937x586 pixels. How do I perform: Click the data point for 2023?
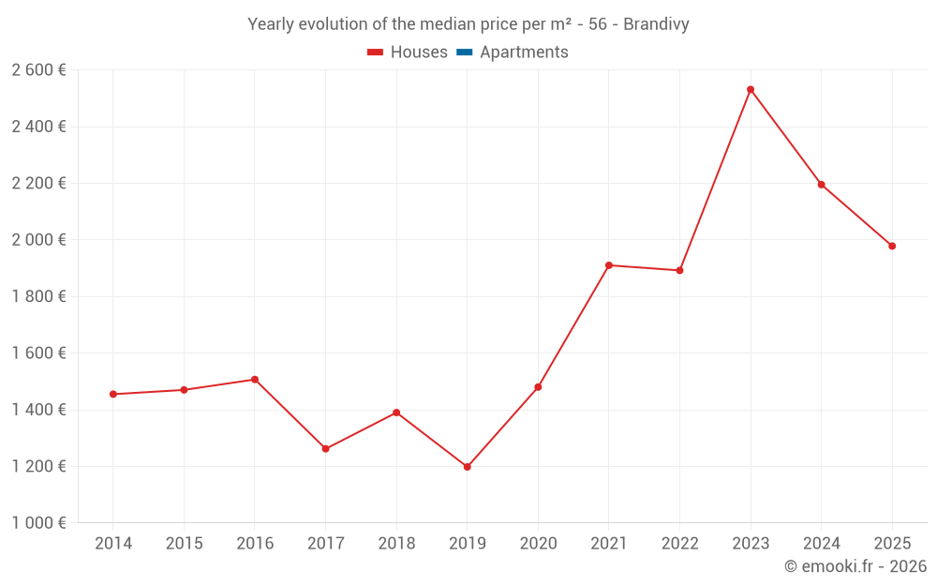[x=751, y=90]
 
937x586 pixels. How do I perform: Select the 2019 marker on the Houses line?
[x=468, y=467]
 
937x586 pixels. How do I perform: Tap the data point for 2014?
[x=113, y=394]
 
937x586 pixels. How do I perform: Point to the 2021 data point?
[x=609, y=265]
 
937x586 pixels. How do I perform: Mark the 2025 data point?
[x=892, y=246]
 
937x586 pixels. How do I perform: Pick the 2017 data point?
[x=326, y=448]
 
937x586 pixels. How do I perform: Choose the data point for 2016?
[x=255, y=379]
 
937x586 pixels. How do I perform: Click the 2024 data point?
[x=821, y=185]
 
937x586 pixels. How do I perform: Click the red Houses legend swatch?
[x=376, y=53]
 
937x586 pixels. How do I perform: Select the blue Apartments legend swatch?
[x=465, y=53]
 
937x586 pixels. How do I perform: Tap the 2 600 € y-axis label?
[x=38, y=70]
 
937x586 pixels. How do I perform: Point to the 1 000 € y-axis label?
[x=38, y=522]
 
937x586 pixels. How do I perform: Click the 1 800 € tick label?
[x=38, y=296]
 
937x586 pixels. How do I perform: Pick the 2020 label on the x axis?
[x=539, y=543]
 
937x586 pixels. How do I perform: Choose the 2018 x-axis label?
[x=396, y=543]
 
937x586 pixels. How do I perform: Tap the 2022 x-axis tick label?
[x=680, y=543]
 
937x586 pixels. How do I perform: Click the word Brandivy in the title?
[x=656, y=24]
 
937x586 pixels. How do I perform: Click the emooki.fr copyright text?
[x=855, y=566]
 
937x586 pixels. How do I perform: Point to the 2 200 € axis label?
[x=38, y=183]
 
